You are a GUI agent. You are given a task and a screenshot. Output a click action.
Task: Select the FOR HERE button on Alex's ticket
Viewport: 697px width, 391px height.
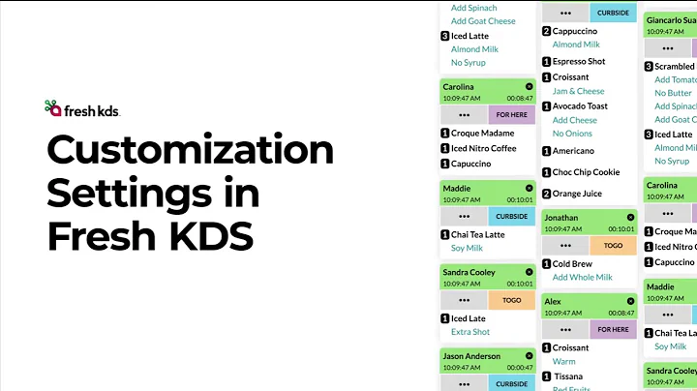click(x=613, y=329)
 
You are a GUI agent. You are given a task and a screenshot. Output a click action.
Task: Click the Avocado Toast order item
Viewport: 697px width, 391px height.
click(x=580, y=106)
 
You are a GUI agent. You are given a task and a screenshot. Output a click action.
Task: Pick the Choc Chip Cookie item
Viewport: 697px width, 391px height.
click(x=586, y=172)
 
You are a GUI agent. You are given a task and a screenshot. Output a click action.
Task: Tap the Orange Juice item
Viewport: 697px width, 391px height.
click(x=577, y=194)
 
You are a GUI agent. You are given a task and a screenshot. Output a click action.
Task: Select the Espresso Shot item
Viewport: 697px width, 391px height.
click(x=579, y=62)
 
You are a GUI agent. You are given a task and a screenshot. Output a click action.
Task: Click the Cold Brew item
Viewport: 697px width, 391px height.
click(x=572, y=263)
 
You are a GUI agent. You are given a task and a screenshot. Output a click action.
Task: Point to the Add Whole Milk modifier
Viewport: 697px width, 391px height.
click(x=583, y=278)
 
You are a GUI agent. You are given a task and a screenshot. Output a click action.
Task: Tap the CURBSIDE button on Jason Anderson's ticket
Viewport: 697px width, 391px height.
click(x=512, y=384)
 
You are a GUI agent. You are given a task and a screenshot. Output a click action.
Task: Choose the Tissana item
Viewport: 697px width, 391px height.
click(x=567, y=376)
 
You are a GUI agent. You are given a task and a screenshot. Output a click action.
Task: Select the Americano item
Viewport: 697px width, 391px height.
click(x=574, y=151)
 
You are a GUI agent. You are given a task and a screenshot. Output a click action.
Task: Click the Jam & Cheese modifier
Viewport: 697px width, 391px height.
click(x=578, y=92)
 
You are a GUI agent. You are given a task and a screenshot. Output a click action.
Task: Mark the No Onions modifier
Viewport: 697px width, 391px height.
click(x=572, y=135)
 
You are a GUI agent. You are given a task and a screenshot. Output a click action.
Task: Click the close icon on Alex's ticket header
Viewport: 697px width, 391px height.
click(x=630, y=301)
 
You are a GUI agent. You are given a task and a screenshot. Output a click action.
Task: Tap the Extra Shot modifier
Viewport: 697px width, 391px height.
click(x=470, y=333)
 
